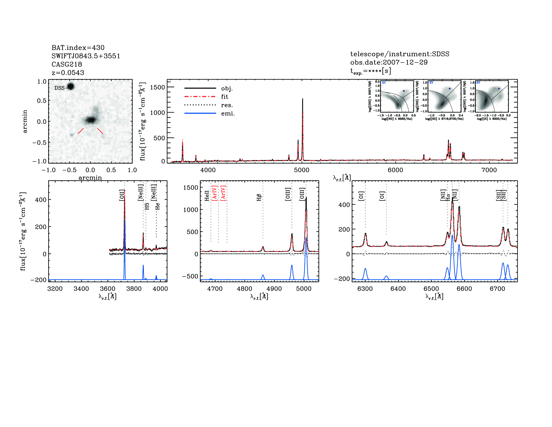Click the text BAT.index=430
tap(78, 48)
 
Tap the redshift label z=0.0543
tap(68, 73)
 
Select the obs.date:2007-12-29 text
tap(389, 62)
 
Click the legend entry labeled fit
tap(224, 97)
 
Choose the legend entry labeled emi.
tap(228, 114)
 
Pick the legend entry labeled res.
tap(227, 105)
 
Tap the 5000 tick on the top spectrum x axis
tap(302, 170)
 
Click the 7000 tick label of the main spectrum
tap(489, 170)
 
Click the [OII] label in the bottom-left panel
tap(122, 195)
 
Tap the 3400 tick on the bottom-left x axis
tap(81, 289)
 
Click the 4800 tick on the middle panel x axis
tap(244, 289)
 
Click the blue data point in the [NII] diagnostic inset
tap(404, 91)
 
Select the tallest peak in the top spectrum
tap(303, 99)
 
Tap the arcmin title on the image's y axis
tap(25, 121)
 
